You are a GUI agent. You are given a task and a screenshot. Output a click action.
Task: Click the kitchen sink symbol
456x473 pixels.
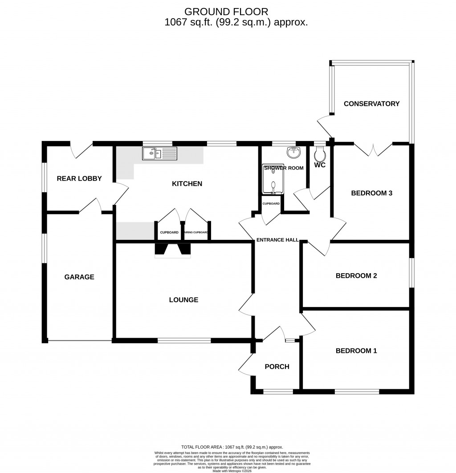[x=159, y=154]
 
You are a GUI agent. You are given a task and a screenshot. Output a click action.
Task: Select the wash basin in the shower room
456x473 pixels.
[x=294, y=153]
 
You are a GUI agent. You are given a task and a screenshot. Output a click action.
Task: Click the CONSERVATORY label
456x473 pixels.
[x=371, y=104]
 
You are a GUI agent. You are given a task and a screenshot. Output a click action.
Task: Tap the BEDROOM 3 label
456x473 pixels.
[x=371, y=193]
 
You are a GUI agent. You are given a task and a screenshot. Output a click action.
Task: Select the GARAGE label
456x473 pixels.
[x=79, y=277]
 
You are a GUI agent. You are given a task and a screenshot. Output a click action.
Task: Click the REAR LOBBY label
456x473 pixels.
[x=79, y=178]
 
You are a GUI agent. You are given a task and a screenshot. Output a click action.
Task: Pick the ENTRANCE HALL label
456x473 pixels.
[x=277, y=240]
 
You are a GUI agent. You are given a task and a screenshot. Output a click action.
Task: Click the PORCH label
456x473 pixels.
[x=277, y=367]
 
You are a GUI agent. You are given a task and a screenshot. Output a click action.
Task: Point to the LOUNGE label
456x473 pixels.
[x=183, y=300]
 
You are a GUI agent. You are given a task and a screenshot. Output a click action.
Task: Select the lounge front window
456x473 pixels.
[x=184, y=341]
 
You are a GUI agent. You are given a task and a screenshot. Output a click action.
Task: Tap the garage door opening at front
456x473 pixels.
[x=80, y=341]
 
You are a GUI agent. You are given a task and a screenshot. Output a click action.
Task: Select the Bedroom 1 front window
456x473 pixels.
[x=357, y=392]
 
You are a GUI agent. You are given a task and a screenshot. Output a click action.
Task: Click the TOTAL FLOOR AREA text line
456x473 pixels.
[x=232, y=447]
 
